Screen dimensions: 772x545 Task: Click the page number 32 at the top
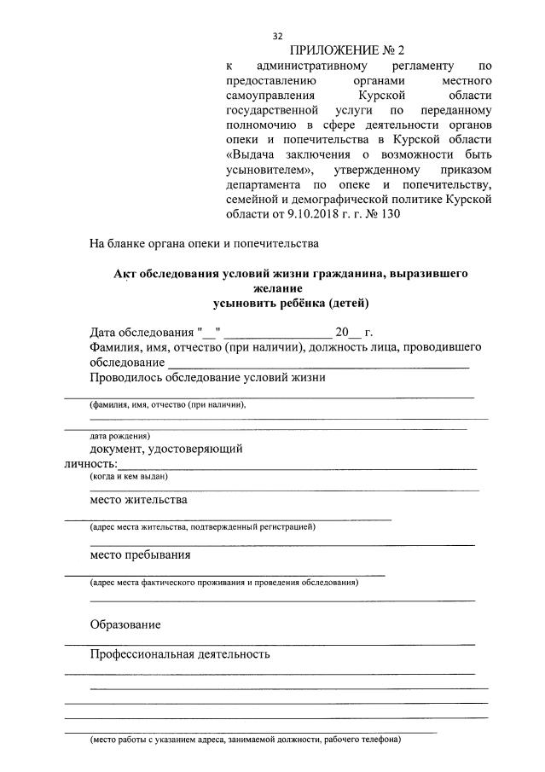(277, 36)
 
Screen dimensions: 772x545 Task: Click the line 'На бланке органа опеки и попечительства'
(204, 244)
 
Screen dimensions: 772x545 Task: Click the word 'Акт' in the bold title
(126, 274)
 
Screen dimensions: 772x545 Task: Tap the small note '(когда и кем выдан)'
(129, 477)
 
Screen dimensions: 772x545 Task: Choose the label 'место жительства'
(138, 500)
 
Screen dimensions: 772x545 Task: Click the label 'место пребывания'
(140, 554)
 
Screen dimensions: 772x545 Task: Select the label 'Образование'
(125, 625)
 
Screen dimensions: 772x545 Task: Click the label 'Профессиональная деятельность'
(180, 654)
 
